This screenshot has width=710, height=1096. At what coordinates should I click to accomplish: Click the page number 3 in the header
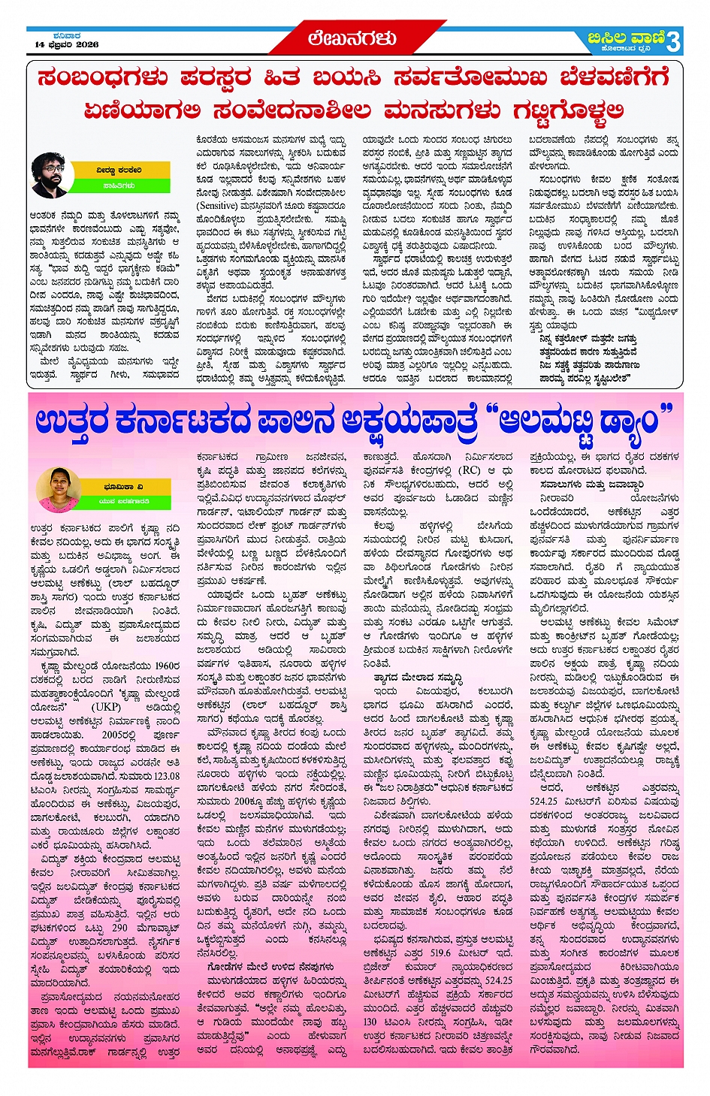[x=673, y=41]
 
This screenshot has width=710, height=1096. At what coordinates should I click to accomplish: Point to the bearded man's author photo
[x=52, y=175]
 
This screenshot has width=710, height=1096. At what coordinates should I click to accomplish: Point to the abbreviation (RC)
[x=470, y=470]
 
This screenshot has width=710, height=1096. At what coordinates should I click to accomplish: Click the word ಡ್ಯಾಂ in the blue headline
[x=620, y=422]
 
